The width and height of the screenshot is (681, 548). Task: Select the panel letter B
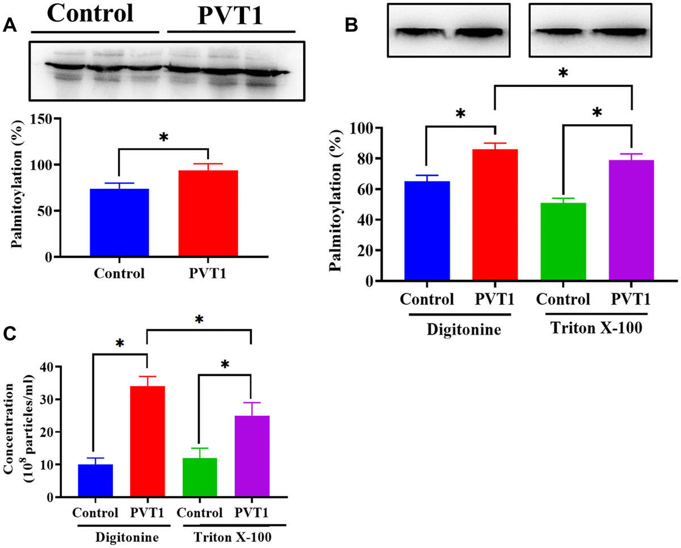pos(352,24)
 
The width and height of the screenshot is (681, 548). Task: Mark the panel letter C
pos(10,334)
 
